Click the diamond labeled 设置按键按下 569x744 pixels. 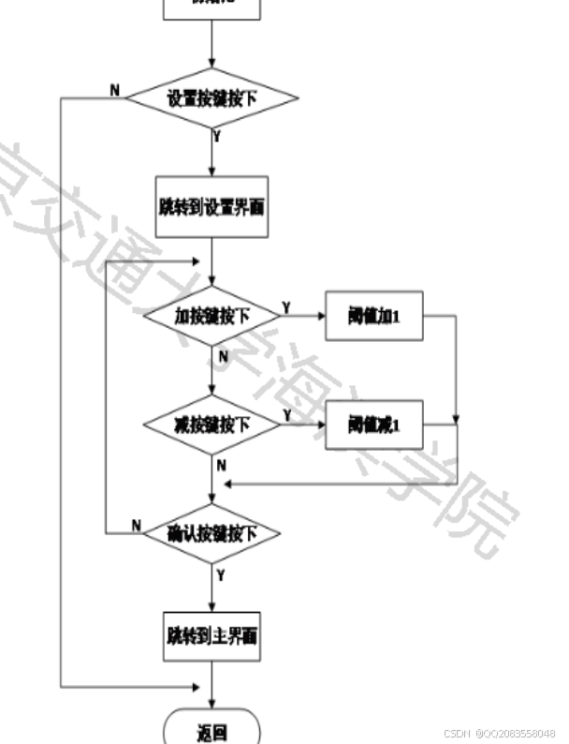[212, 97]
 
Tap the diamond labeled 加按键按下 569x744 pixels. [212, 316]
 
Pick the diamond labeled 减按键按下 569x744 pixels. [212, 424]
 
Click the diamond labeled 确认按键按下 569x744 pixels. [212, 533]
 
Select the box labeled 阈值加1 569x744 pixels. [373, 316]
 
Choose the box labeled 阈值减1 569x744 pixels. [373, 424]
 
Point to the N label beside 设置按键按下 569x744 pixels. [115, 89]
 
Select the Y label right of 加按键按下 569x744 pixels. [286, 306]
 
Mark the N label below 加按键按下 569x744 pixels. [222, 356]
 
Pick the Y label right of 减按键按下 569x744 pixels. [286, 414]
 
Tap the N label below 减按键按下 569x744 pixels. [222, 465]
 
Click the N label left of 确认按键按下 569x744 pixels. [136, 525]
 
